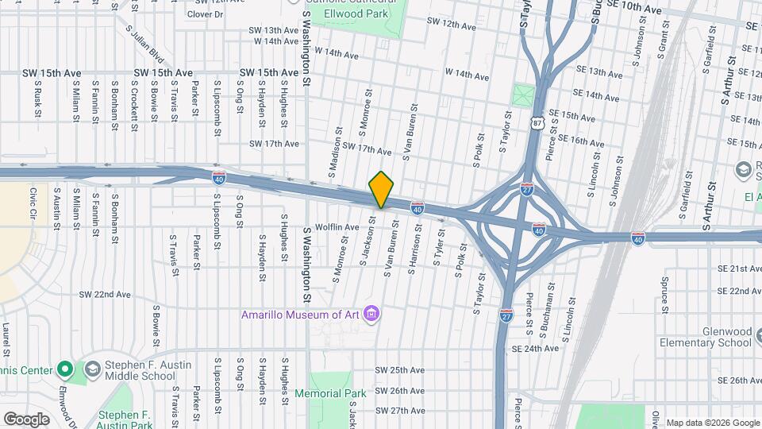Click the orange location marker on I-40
click(382, 190)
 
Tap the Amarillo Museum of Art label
click(301, 315)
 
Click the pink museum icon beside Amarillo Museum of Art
click(371, 315)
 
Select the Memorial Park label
click(330, 393)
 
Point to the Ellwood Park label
click(371, 13)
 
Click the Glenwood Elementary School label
click(705, 336)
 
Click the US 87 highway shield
click(538, 122)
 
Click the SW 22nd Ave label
click(104, 295)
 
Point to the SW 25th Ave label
click(399, 370)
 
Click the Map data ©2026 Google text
click(712, 423)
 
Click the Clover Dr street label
click(206, 14)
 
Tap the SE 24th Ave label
click(536, 349)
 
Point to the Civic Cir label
click(33, 203)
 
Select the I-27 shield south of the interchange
click(506, 315)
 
